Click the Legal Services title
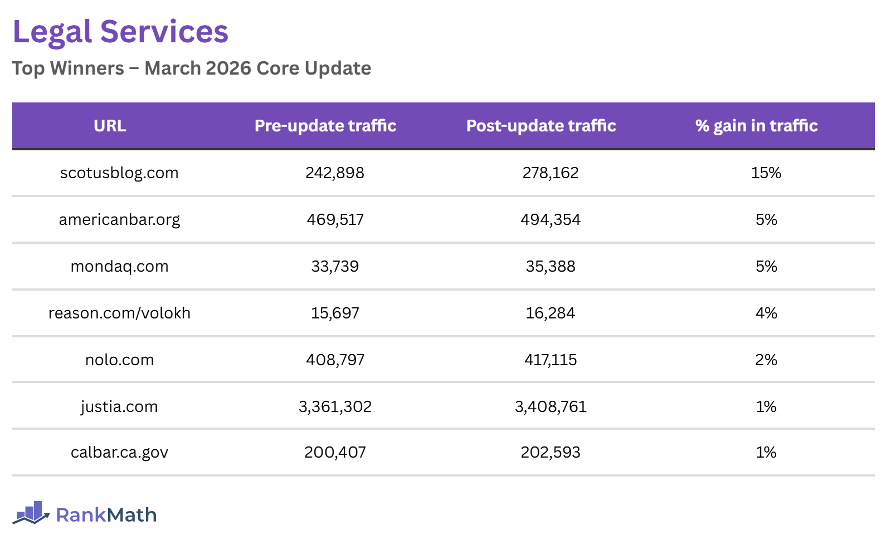(x=120, y=32)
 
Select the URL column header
(x=110, y=126)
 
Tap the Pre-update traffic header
(x=325, y=126)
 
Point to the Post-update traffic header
(x=541, y=126)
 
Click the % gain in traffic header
(x=756, y=126)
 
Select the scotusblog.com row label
(x=119, y=173)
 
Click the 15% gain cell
(x=766, y=173)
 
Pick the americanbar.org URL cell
(x=119, y=219)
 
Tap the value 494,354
(x=551, y=219)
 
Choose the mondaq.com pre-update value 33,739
(x=335, y=266)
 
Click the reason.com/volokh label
(x=119, y=313)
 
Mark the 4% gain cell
(x=766, y=313)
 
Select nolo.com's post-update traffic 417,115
(x=551, y=360)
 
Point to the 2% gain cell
(x=766, y=360)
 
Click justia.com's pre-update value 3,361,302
(x=335, y=406)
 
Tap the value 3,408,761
(x=551, y=406)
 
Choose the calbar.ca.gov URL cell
(x=119, y=452)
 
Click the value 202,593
(x=551, y=452)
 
